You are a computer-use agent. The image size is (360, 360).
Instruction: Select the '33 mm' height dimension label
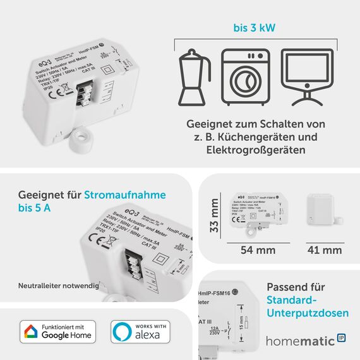click(215, 215)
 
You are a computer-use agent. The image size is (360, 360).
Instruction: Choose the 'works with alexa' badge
click(140, 332)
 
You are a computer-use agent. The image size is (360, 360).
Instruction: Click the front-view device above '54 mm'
click(259, 210)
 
